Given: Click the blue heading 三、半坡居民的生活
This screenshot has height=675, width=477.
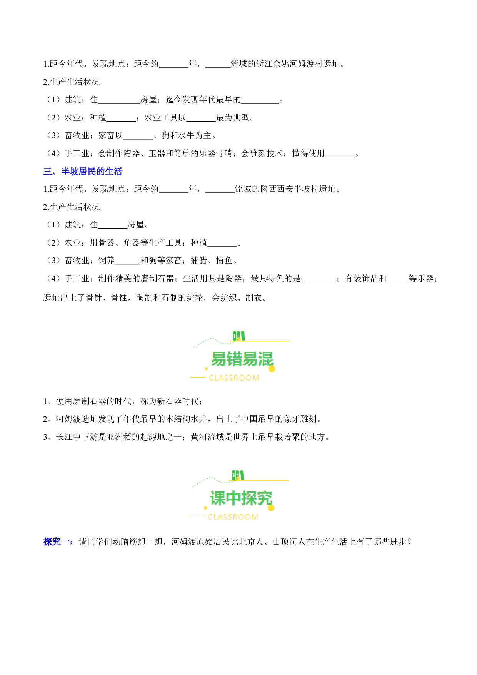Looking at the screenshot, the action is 83,172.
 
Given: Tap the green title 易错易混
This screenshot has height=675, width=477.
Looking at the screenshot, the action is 242,359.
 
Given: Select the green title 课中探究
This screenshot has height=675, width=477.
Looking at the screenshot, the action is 241,498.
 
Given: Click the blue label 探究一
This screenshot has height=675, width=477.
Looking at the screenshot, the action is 57,542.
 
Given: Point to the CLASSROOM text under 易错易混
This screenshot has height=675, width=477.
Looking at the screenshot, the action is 234,378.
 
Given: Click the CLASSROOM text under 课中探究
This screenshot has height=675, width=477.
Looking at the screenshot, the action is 233,517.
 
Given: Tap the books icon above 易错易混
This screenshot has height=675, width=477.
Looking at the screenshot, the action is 239,336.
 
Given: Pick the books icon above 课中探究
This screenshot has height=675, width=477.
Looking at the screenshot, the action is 238,475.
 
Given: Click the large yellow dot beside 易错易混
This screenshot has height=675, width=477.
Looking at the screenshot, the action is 272,369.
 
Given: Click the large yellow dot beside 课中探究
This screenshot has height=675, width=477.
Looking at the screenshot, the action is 271,508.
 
